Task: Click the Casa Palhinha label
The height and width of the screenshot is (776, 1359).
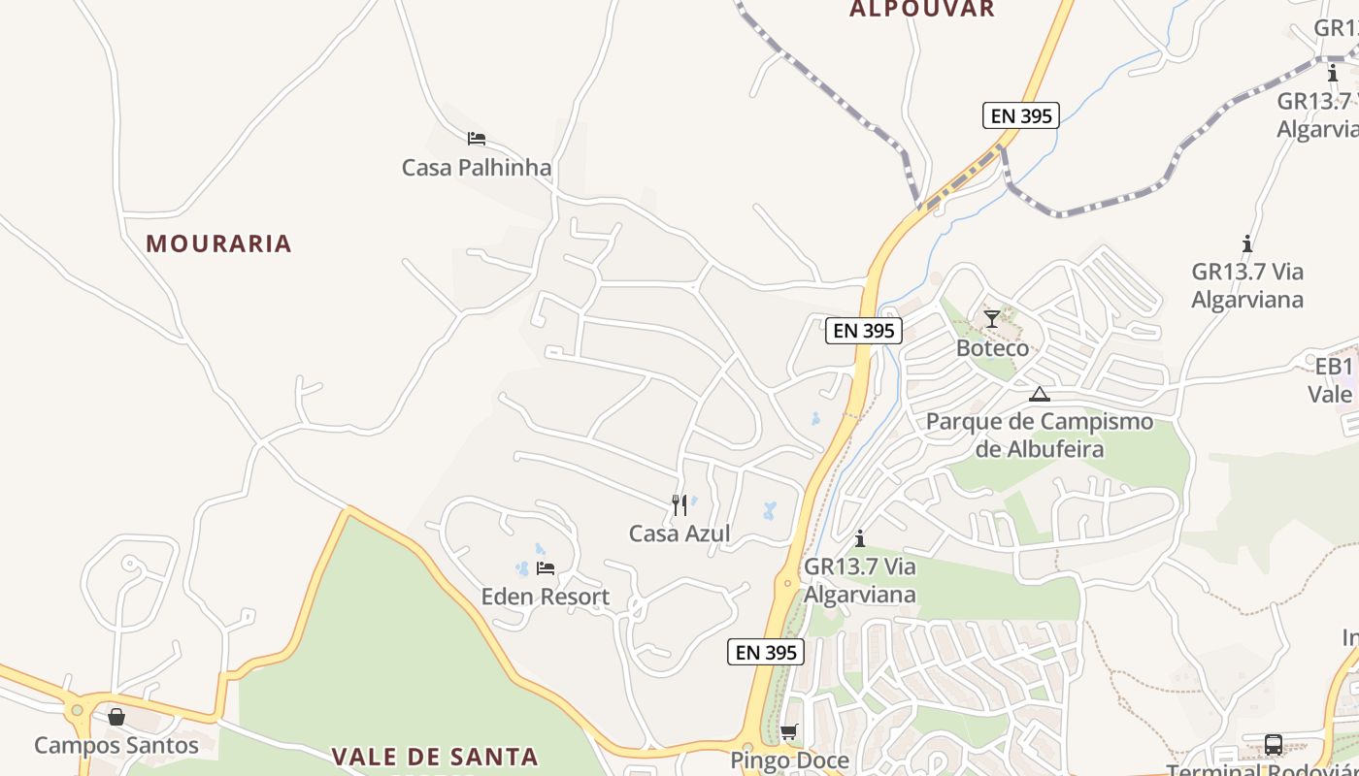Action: pyautogui.click(x=477, y=168)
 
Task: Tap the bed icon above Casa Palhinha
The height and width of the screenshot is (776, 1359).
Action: pyautogui.click(x=476, y=139)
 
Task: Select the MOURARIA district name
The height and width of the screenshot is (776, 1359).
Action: pyautogui.click(x=218, y=243)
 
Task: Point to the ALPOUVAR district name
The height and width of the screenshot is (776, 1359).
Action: pyautogui.click(x=922, y=10)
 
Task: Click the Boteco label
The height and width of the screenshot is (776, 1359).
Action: pyautogui.click(x=992, y=348)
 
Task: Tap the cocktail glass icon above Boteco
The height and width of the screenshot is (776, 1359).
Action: pyautogui.click(x=991, y=318)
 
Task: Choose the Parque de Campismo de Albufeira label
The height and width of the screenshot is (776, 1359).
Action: pyautogui.click(x=1040, y=436)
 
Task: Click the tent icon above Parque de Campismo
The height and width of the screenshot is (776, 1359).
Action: pyautogui.click(x=1040, y=394)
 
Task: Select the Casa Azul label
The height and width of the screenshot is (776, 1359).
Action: pyautogui.click(x=679, y=533)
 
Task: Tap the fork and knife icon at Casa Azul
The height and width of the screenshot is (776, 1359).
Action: pyautogui.click(x=679, y=504)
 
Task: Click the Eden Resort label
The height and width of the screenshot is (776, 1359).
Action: pyautogui.click(x=546, y=597)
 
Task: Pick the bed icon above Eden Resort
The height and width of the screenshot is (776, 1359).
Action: pyautogui.click(x=546, y=567)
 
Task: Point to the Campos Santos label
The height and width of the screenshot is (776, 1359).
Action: pyautogui.click(x=116, y=745)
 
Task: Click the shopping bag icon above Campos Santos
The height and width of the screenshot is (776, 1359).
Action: pyautogui.click(x=116, y=717)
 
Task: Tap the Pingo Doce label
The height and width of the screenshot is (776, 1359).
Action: pyautogui.click(x=789, y=760)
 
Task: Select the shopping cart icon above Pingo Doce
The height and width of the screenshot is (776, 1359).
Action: pyautogui.click(x=788, y=731)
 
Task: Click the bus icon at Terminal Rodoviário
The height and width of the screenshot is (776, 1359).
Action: pyautogui.click(x=1273, y=745)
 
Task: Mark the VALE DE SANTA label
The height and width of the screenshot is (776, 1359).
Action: pyautogui.click(x=435, y=757)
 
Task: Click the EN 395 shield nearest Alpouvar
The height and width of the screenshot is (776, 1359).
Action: pyautogui.click(x=1019, y=115)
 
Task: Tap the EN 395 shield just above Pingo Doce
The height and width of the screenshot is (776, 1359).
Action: pyautogui.click(x=767, y=653)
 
